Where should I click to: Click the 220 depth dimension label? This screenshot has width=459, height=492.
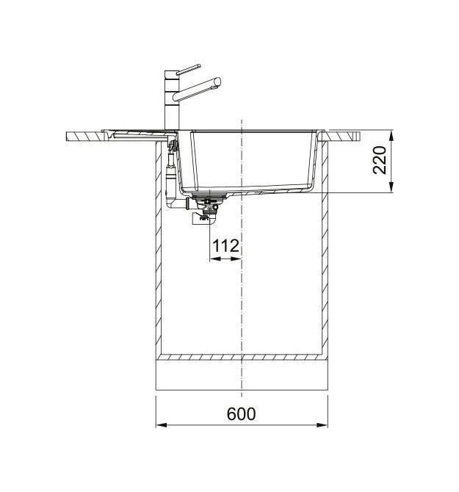click(380, 159)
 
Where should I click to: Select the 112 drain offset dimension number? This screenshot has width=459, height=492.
click(225, 246)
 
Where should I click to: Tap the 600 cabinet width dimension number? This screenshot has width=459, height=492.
click(241, 413)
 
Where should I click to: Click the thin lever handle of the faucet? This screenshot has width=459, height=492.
click(188, 69)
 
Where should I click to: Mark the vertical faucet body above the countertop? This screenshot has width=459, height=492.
click(172, 100)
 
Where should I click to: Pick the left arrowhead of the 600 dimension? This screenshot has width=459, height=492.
click(161, 425)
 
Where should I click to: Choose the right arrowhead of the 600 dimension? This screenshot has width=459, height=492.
click(322, 425)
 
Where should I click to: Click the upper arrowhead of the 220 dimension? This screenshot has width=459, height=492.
click(391, 137)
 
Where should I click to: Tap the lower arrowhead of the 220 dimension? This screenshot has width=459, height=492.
click(391, 187)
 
